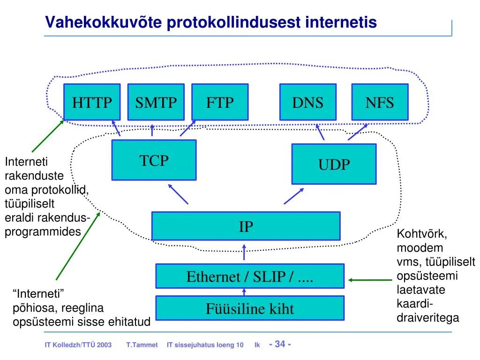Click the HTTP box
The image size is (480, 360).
(92, 102)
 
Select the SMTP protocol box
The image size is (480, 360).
(156, 102)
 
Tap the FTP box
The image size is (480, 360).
(219, 102)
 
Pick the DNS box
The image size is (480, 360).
(307, 102)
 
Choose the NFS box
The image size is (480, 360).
(380, 102)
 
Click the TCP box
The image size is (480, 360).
(154, 160)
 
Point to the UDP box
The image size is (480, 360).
(334, 164)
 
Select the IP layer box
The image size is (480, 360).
(246, 226)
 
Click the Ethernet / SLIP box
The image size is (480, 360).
(249, 276)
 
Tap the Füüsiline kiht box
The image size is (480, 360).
(249, 308)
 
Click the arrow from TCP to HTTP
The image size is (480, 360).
(117, 128)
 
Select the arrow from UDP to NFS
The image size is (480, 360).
(358, 132)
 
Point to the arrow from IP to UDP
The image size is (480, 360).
(293, 196)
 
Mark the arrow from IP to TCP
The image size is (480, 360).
(178, 194)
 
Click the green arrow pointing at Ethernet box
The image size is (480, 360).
(370, 280)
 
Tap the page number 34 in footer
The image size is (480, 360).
(280, 344)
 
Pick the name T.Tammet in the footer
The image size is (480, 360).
(142, 345)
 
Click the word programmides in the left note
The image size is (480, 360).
(43, 232)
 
